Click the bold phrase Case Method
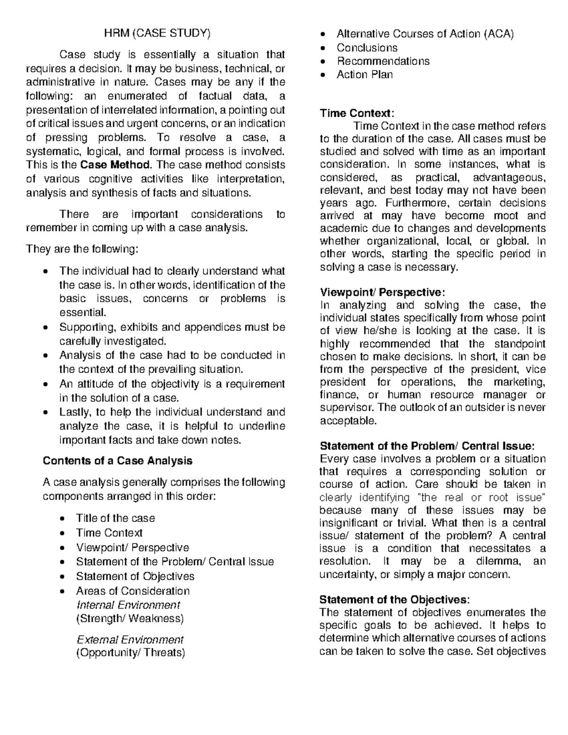[116, 165]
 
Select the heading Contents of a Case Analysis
[117, 460]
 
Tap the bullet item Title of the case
[115, 518]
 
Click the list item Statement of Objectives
[135, 576]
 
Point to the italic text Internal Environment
[128, 605]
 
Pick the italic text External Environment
[129, 639]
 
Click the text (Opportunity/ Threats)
[130, 653]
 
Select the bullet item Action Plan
[364, 74]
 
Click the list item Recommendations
[382, 61]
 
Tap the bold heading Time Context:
[356, 114]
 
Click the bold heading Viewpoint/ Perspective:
[382, 292]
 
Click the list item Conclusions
[367, 48]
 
